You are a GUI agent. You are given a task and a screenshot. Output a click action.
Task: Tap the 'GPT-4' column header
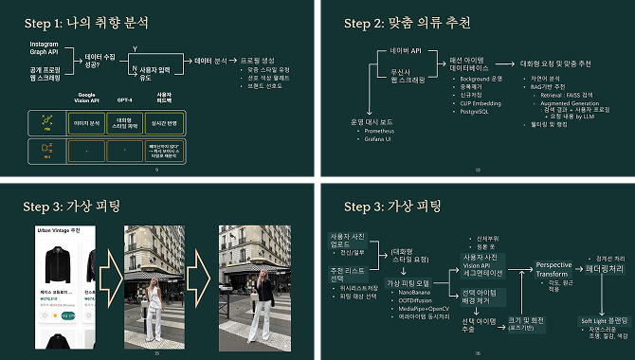(x=124, y=98)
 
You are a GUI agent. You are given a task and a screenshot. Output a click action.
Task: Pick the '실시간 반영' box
(x=163, y=123)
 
